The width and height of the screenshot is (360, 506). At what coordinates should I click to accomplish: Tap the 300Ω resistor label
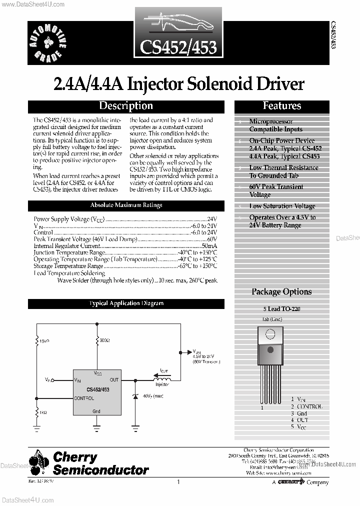[x=105, y=340]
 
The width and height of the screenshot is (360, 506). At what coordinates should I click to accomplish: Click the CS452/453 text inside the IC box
[x=98, y=389]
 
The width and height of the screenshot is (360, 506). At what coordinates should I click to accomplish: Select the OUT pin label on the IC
[x=114, y=380]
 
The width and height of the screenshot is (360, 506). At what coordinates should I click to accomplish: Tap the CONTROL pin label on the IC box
[x=83, y=398]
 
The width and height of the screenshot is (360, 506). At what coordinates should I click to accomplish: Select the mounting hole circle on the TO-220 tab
[x=270, y=334]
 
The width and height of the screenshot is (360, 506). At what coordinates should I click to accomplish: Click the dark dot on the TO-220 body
[x=270, y=349]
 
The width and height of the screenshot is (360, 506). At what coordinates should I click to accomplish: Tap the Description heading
[x=126, y=106]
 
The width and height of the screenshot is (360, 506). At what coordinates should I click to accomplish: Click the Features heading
[x=282, y=106]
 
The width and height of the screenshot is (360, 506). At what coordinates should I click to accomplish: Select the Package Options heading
[x=281, y=292]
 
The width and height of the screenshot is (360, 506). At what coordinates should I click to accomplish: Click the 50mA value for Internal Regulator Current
[x=209, y=246]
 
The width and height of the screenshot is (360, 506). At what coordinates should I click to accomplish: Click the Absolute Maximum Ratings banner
[x=126, y=205]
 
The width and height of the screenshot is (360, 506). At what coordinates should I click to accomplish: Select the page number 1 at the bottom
[x=178, y=482]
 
